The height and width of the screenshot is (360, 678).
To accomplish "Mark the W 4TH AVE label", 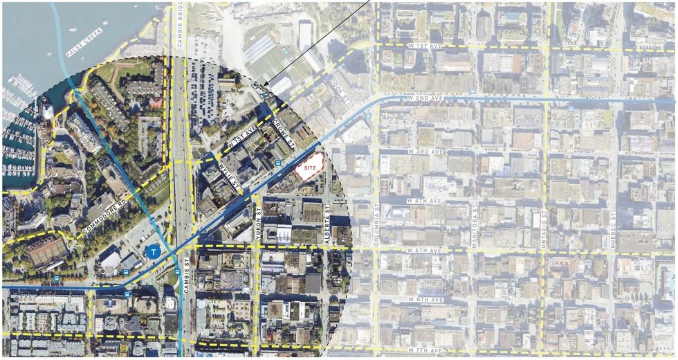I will click(x=424, y=201).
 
